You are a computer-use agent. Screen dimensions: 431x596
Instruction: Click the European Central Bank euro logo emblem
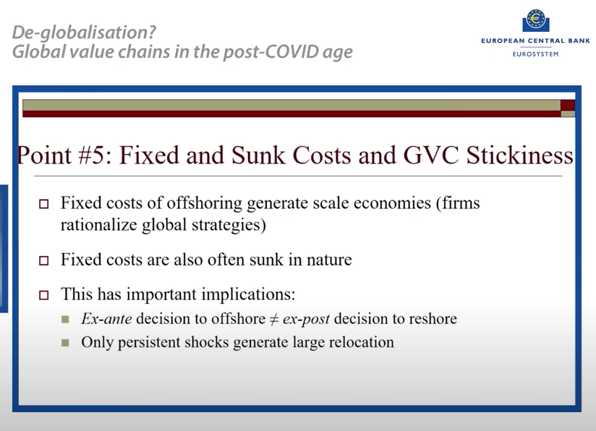(536, 20)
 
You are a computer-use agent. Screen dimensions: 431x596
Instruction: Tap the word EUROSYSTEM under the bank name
(536, 54)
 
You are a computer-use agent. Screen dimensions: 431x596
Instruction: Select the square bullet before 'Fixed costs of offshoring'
(43, 205)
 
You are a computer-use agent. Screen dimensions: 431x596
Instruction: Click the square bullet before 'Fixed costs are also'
(43, 261)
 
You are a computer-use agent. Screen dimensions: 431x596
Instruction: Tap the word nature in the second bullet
(328, 260)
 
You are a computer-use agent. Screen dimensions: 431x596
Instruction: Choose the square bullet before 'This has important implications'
(43, 295)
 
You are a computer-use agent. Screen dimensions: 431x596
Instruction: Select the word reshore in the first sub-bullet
(431, 319)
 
